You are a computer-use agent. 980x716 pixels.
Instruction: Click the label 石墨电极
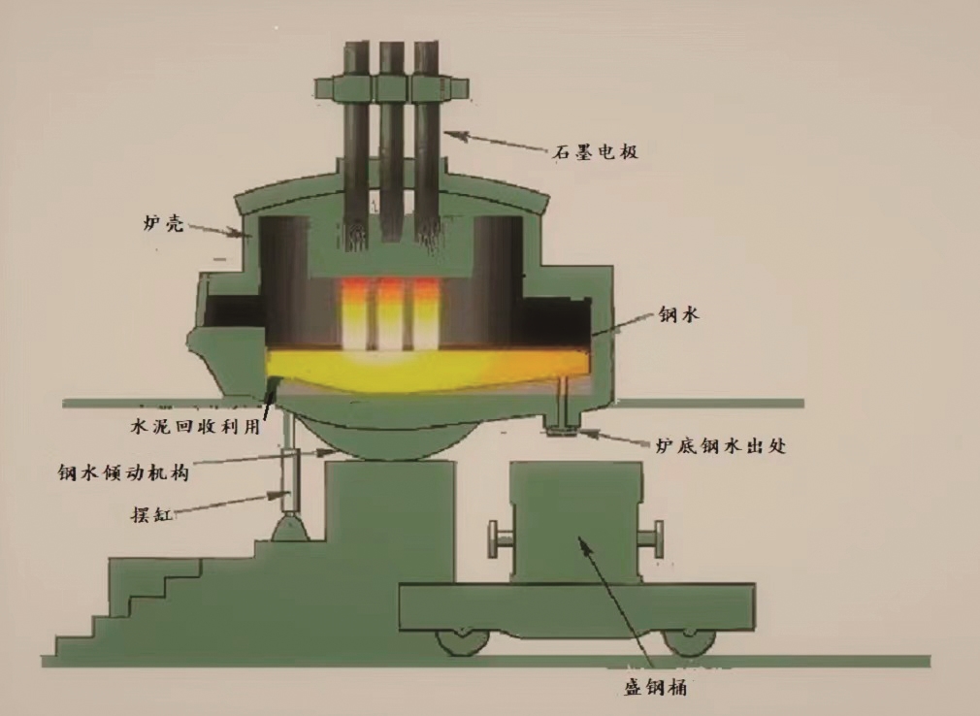click(x=598, y=151)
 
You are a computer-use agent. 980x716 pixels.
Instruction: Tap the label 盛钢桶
click(x=656, y=688)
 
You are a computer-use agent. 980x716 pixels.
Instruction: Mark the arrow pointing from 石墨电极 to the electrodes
click(x=505, y=142)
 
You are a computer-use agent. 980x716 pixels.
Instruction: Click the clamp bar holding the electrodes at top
click(x=392, y=87)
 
